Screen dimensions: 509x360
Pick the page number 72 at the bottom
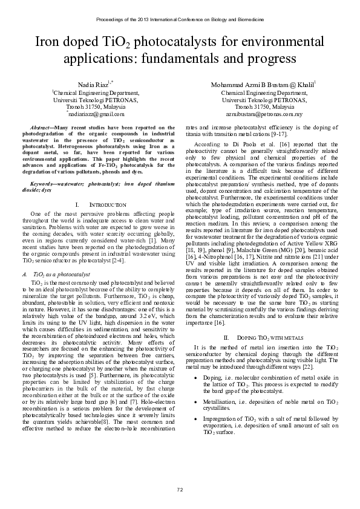(180, 488)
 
